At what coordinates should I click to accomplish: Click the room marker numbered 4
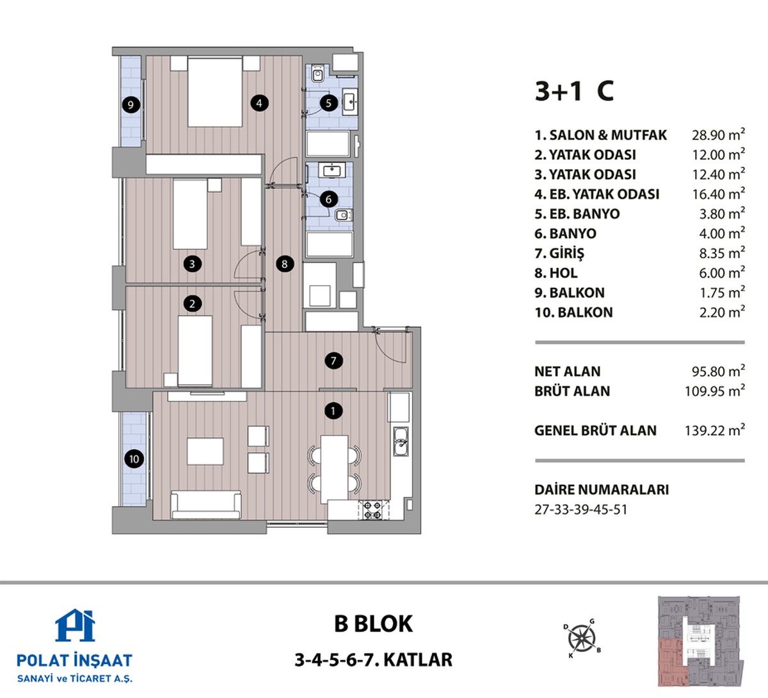click(259, 103)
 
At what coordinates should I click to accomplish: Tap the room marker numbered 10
click(134, 459)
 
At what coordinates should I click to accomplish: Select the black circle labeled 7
click(333, 361)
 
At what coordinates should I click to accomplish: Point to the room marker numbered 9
click(131, 104)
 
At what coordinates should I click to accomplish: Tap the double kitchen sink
click(401, 442)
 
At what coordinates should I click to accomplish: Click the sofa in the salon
click(206, 505)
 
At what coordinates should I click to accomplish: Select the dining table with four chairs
click(334, 470)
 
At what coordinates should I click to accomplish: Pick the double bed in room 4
click(215, 91)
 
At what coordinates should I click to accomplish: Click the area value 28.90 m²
click(718, 134)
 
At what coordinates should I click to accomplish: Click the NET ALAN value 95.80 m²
click(718, 370)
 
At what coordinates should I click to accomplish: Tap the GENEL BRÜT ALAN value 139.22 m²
click(715, 430)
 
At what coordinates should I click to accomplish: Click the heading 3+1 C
click(574, 91)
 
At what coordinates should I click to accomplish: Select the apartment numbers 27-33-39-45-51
click(580, 510)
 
